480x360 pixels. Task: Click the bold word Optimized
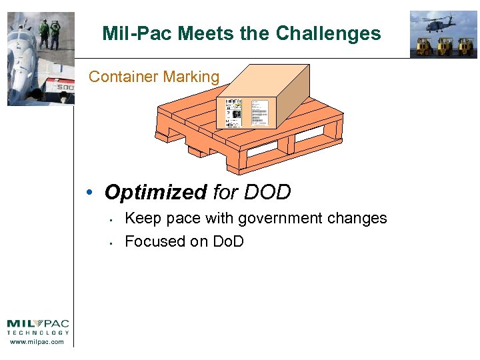(x=156, y=193)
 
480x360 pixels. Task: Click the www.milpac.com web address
(x=37, y=342)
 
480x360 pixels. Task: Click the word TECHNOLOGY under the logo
(x=37, y=333)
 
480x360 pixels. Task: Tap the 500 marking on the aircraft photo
(x=64, y=87)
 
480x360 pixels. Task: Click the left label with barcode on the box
(x=234, y=112)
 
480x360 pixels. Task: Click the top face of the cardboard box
(x=267, y=80)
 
